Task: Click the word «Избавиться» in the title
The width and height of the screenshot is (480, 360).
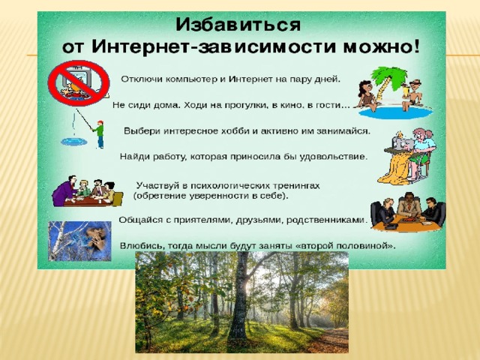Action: (x=238, y=25)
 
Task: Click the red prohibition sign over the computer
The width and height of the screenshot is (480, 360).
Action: (x=79, y=82)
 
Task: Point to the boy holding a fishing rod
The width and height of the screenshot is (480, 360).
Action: (x=99, y=134)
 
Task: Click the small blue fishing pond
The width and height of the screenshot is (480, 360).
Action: (x=73, y=142)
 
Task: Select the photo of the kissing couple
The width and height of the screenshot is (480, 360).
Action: (x=79, y=241)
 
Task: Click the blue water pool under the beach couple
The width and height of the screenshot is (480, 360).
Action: (x=396, y=113)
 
